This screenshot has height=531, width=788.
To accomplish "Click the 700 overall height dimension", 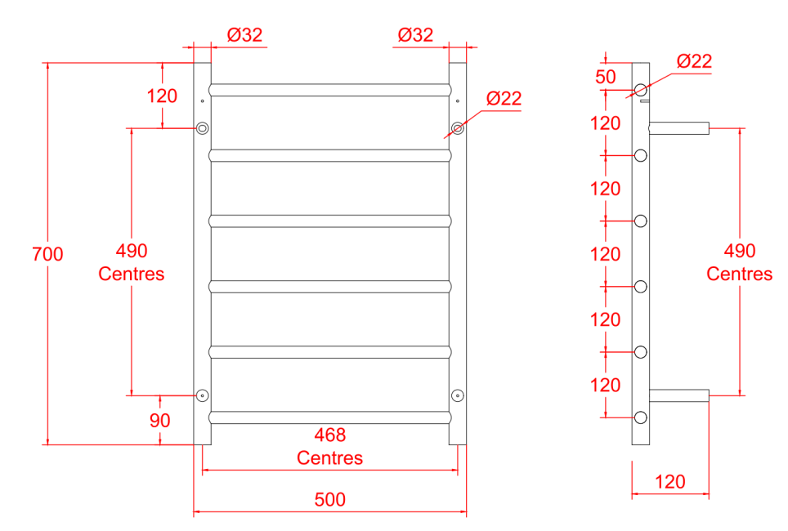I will [x=47, y=254].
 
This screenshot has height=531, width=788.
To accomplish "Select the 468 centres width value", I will [x=330, y=435].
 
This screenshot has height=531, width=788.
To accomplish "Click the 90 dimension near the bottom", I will [x=159, y=421].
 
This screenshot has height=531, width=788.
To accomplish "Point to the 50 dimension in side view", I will [x=606, y=77].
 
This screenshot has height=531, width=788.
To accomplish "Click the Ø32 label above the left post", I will [x=244, y=35].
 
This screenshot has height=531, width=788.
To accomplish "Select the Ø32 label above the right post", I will [x=415, y=35].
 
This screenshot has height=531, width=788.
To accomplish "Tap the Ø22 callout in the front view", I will [x=504, y=99].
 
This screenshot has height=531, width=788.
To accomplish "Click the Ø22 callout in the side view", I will [x=695, y=60].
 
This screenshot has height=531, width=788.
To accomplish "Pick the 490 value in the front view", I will [x=132, y=251].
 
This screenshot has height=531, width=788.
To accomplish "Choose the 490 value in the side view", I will [x=740, y=251].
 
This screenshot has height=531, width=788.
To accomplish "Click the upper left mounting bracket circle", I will [x=202, y=128].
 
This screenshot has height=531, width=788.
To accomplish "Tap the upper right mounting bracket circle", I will [x=458, y=128].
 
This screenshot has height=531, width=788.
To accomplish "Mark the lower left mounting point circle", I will [x=202, y=395].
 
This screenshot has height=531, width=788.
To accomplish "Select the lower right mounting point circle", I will [x=458, y=395].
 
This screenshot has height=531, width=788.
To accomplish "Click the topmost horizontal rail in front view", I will [x=330, y=89].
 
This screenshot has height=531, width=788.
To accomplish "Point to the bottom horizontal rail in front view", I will [x=330, y=417].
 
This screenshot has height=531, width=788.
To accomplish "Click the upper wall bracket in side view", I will [x=678, y=127].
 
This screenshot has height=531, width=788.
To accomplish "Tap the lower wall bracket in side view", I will [x=678, y=395].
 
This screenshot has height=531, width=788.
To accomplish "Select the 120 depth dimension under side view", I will [x=670, y=482].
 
